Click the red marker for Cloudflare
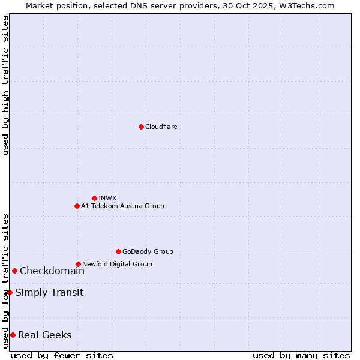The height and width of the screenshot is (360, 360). pos(141,127)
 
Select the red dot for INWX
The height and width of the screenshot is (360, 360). pos(94,198)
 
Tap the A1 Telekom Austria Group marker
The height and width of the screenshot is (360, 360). pos(77,206)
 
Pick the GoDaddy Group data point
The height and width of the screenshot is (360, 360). pos(118,251)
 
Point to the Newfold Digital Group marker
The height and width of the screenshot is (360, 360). pos(78,264)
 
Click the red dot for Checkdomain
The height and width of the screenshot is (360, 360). pos(14,271)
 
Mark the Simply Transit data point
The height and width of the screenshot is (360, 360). pos(10,292)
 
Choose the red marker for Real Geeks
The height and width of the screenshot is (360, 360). pos(13,335)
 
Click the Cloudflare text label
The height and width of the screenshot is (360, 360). pos(161,127)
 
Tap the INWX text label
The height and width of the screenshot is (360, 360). pos(107,198)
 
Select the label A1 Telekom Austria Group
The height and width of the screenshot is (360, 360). pos(122,206)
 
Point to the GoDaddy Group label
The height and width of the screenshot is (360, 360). pos(148,251)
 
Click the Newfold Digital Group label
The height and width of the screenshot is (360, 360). pos(117,264)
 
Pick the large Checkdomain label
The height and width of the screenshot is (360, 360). pos(52,271)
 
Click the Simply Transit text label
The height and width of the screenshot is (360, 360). pos(49,292)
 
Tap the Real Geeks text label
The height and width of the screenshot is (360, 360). pos(45,335)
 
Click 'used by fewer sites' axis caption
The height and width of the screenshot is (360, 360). pos(62,355)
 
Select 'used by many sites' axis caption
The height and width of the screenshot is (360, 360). pos(301,355)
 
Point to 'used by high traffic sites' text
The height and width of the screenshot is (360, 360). pos(5,85)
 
